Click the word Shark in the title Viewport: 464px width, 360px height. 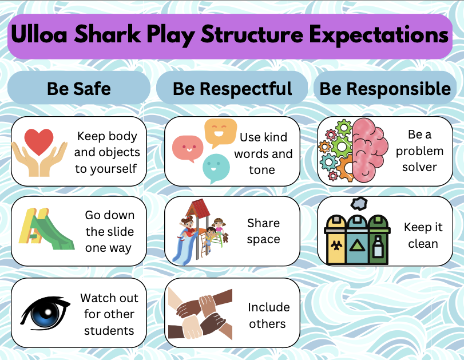pyautogui.click(x=107, y=34)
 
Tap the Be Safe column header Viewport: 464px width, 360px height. pyautogui.click(x=79, y=88)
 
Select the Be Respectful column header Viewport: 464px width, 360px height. pyautogui.click(x=232, y=88)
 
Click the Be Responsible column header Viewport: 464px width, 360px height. pyautogui.click(x=385, y=88)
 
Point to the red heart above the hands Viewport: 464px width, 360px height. pyautogui.click(x=39, y=141)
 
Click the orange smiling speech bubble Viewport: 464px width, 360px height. pyautogui.click(x=220, y=132)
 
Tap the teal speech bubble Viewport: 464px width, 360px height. pyautogui.click(x=216, y=168)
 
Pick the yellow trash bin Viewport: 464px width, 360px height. pyautogui.click(x=335, y=240)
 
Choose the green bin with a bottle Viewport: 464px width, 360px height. pyautogui.click(x=379, y=240)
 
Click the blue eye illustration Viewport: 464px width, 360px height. pyautogui.click(x=45, y=313)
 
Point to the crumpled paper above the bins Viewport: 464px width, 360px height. pyautogui.click(x=359, y=203)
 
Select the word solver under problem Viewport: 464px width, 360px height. pyautogui.click(x=419, y=167)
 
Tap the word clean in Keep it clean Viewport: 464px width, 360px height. pyautogui.click(x=423, y=244)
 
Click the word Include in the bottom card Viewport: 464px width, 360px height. pyautogui.click(x=269, y=307)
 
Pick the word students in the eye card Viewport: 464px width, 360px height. pyautogui.click(x=109, y=330)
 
